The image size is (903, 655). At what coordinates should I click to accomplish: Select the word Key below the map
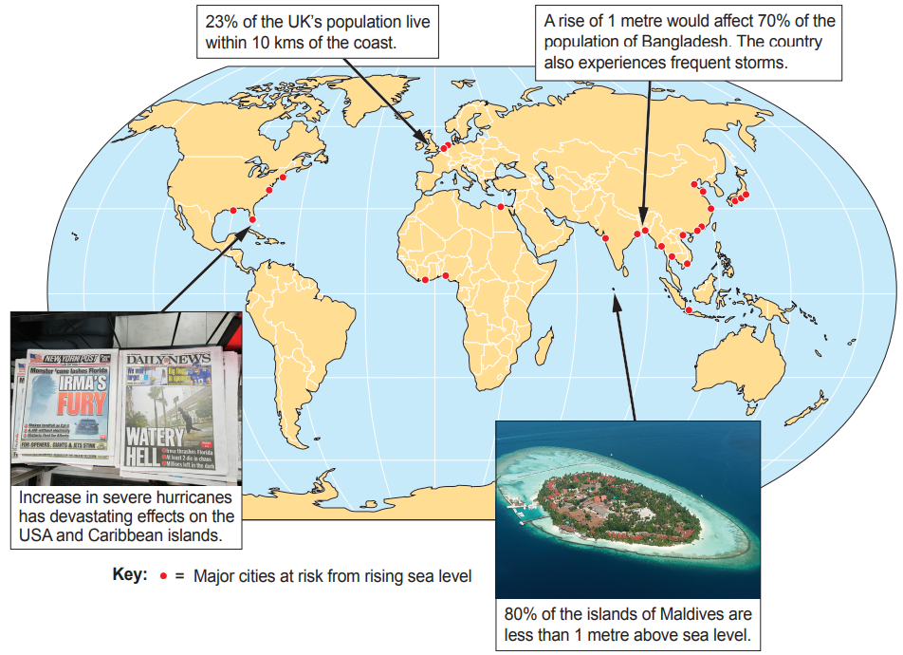tap(130, 575)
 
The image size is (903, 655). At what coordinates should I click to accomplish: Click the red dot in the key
tap(163, 576)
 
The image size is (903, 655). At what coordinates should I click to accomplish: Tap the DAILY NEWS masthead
tap(167, 359)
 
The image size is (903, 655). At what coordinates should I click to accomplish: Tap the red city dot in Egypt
tap(501, 206)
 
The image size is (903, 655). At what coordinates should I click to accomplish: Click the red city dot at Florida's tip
tap(251, 221)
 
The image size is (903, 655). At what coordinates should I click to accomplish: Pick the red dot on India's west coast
tap(605, 238)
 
